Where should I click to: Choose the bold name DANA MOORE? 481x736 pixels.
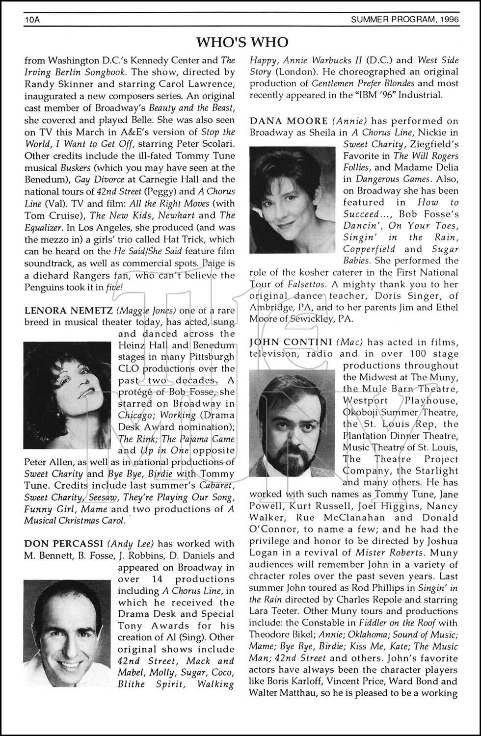(288, 121)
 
